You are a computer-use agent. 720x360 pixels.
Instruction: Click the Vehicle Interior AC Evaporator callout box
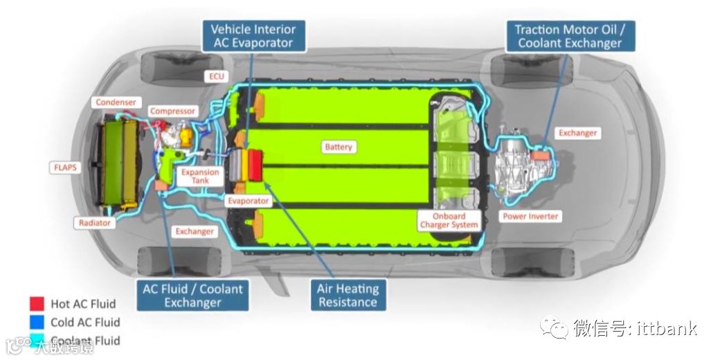[253, 36]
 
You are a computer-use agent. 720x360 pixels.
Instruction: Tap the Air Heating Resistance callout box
[348, 296]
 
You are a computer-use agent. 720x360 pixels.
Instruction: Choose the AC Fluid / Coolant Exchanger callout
[193, 296]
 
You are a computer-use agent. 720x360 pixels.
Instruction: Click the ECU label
[217, 76]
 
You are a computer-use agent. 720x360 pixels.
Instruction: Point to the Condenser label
[116, 102]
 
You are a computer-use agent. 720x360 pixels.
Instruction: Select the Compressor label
[173, 111]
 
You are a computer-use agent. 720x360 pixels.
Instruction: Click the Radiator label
[94, 223]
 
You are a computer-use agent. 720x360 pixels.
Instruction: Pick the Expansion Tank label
[200, 177]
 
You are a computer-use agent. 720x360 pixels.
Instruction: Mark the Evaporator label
[248, 201]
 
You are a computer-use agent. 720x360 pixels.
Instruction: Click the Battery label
[339, 147]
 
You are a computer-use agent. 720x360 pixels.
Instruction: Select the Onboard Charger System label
[449, 221]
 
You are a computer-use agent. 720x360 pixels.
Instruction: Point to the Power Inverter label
[530, 217]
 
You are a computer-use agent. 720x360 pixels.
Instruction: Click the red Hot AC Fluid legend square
[37, 304]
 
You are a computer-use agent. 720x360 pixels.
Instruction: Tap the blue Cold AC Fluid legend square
[37, 322]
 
